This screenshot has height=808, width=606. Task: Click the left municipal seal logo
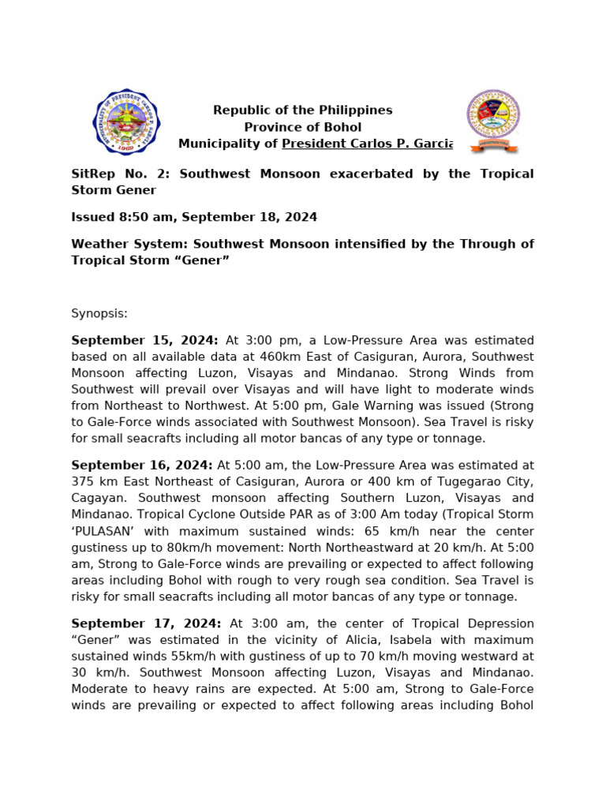coord(127,122)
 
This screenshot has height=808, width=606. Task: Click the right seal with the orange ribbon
coord(492,121)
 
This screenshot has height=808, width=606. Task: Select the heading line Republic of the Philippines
coord(302,110)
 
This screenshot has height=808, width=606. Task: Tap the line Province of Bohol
coord(302,127)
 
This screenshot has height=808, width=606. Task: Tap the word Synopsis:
coord(99,313)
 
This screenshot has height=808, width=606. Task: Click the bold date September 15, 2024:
coord(144,340)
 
